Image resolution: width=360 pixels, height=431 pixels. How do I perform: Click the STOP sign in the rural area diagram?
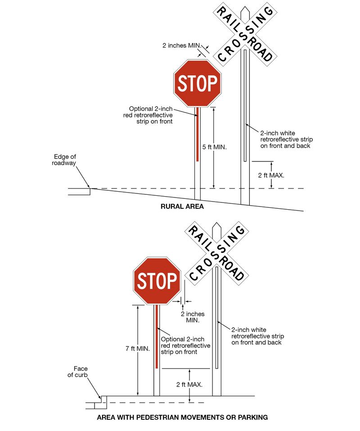pos(198,83)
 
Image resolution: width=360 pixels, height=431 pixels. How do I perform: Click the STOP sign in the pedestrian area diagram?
pos(157,281)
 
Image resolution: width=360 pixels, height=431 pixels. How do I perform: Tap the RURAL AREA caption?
pos(182,207)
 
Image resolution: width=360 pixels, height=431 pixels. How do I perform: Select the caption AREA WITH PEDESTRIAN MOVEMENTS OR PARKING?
pos(182,418)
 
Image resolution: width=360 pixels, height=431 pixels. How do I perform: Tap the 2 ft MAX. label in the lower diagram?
pos(189,385)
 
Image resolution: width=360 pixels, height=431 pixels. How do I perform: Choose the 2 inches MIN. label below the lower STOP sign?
pos(193,317)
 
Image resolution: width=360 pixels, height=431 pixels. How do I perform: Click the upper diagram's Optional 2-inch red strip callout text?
pos(150,115)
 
